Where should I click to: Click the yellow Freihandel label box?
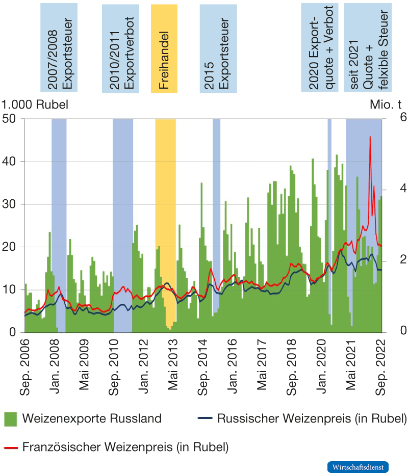pos(164,48)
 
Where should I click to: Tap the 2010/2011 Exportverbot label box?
pos(121,48)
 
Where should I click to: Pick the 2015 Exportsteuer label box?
pos(218,48)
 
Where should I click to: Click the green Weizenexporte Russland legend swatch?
pos(11,419)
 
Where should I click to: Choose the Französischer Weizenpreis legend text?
pos(125,447)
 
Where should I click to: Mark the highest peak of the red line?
pos(370,137)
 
